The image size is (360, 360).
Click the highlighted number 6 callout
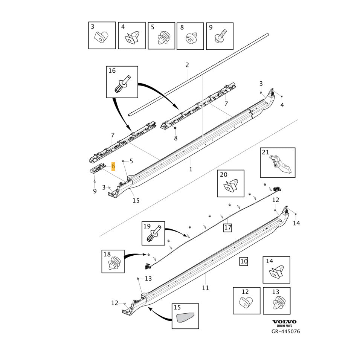click(113, 166)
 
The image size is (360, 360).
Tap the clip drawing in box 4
click(132, 37)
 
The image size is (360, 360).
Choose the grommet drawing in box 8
click(191, 38)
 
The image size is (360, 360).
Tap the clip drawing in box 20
click(231, 186)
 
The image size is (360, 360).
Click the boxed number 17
click(227, 227)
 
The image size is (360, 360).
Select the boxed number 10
click(244, 261)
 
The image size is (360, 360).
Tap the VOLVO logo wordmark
click(284, 322)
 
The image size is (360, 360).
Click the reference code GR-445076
click(285, 332)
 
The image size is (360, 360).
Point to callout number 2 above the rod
click(187, 65)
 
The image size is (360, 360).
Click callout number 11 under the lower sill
click(205, 288)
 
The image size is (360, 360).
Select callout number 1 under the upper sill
click(191, 169)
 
